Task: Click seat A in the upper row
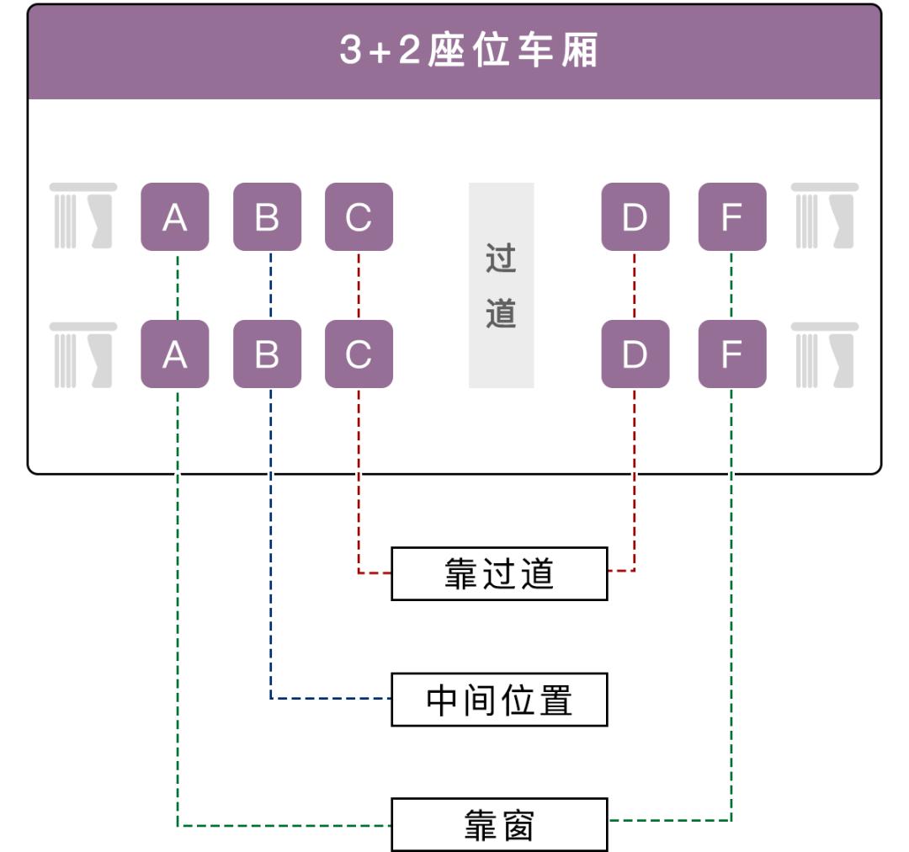174,216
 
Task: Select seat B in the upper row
267,216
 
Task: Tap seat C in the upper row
359,216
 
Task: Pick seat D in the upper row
635,216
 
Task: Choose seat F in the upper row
732,216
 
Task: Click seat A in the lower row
174,354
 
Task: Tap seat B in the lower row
267,354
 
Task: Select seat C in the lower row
359,354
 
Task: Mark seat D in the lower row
635,354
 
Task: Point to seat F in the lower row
732,354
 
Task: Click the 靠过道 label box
499,573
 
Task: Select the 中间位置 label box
499,700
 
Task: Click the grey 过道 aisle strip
501,285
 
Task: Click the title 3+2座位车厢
468,51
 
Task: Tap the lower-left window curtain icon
82,354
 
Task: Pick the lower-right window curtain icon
825,354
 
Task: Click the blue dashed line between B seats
270,285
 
